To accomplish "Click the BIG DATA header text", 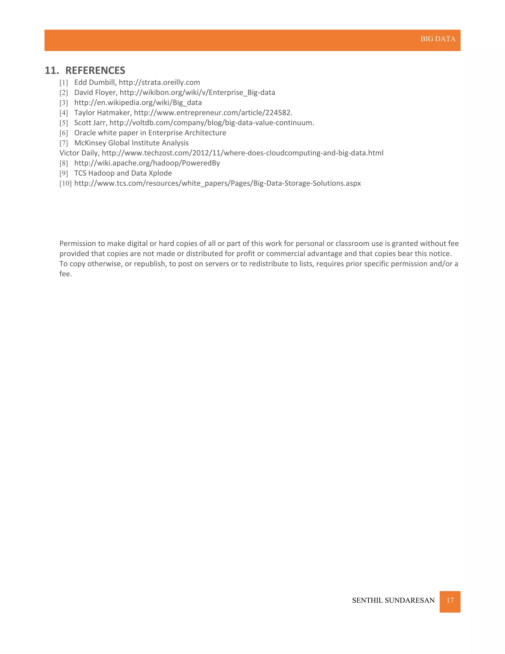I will coord(438,39).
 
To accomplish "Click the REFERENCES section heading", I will coord(95,70).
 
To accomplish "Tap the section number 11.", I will coord(52,70).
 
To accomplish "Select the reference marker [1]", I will coord(64,83).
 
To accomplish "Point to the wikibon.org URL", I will coord(197,93).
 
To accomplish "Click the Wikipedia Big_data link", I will coord(138,103).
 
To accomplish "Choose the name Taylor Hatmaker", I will coord(103,113).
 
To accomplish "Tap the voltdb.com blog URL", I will coord(212,123).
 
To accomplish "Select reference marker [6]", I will coord(64,133).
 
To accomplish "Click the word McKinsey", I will coord(90,143).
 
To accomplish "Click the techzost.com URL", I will coord(242,153).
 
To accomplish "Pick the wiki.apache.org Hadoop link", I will coord(147,163).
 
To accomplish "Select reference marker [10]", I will coord(65,183).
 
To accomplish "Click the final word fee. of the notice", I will coord(66,274).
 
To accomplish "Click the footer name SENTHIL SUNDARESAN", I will coord(393,600).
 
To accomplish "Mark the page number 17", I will coord(450,600).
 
